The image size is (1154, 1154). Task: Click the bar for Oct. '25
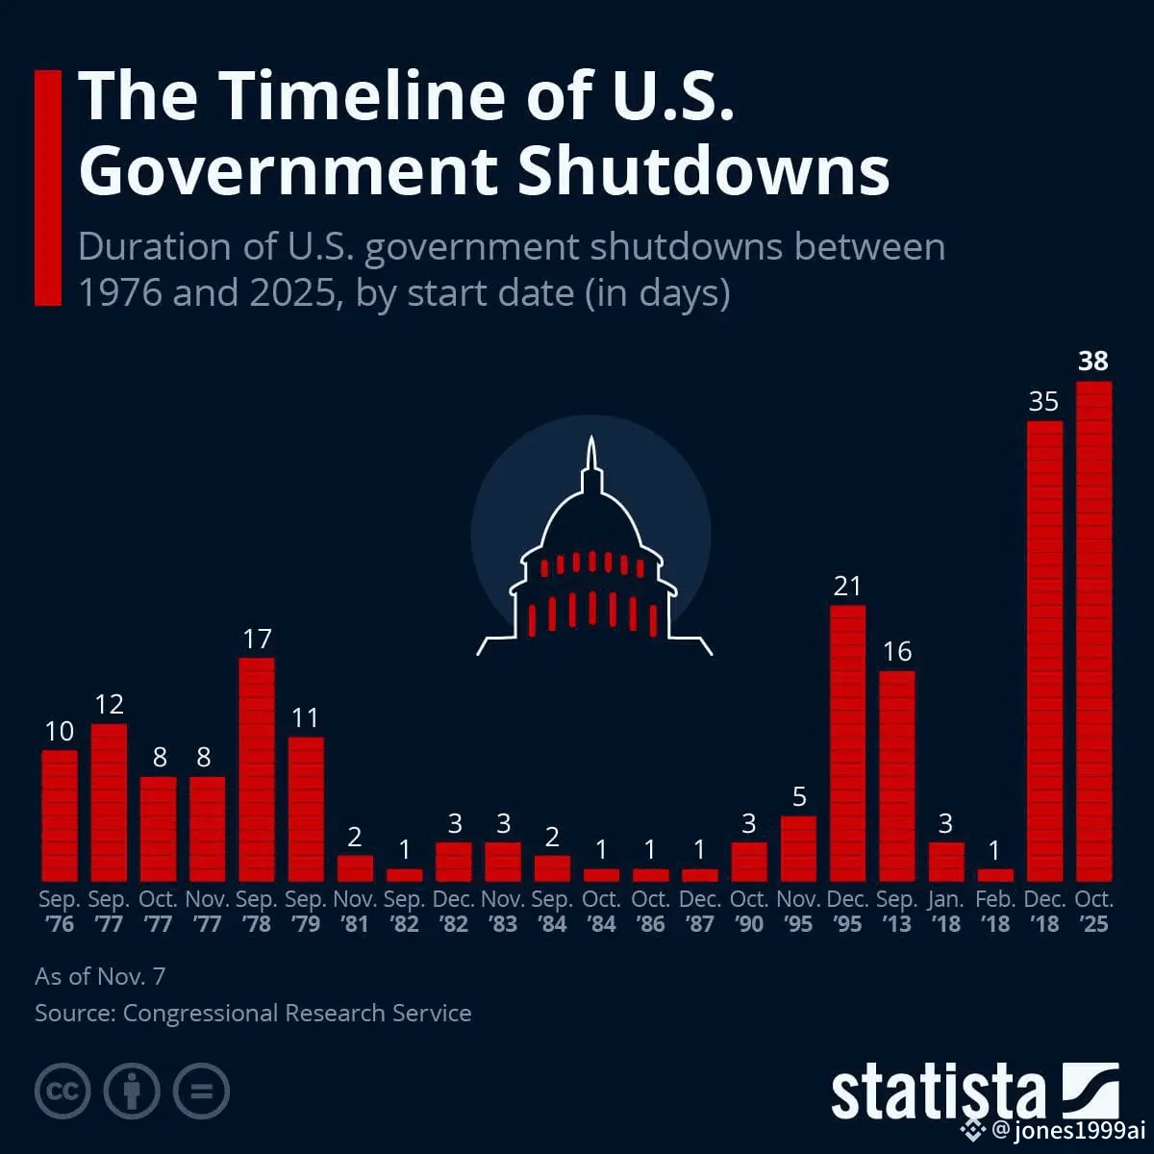[x=1093, y=631]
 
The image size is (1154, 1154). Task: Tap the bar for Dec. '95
[x=847, y=743]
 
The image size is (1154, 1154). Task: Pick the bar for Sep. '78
[x=256, y=769]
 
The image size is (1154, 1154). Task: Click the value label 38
[x=1093, y=362]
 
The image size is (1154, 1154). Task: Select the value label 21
[x=847, y=586]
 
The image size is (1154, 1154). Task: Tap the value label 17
[x=257, y=639]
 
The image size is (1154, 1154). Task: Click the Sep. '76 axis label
[x=60, y=912]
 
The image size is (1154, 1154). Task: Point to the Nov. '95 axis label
[x=798, y=912]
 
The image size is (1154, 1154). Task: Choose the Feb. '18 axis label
[x=995, y=912]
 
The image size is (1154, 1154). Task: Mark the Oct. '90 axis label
[x=749, y=912]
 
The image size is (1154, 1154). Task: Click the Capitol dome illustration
[x=592, y=558]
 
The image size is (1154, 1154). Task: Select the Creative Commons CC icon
[x=63, y=1091]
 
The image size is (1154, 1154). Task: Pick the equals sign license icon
[x=201, y=1091]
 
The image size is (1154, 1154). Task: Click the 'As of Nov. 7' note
[x=100, y=976]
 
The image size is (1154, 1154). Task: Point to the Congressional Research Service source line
[x=253, y=1013]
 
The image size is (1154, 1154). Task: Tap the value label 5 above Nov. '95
[x=799, y=797]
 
